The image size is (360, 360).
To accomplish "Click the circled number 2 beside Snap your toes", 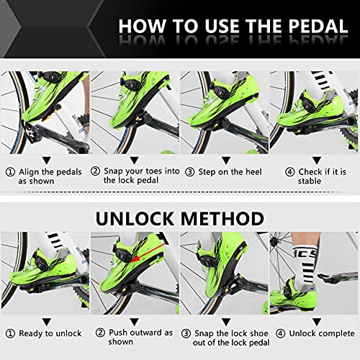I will click(96, 172).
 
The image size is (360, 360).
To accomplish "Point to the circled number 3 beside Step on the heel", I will click(189, 172).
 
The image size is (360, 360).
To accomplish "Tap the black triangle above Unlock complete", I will click(314, 319).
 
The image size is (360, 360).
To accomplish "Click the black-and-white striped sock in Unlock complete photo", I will click(311, 252).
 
